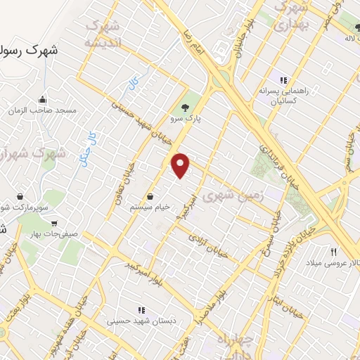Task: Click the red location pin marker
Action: (x=181, y=165)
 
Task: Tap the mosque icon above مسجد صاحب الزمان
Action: (x=43, y=98)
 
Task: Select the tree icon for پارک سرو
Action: (x=185, y=107)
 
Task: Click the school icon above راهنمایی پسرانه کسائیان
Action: (x=284, y=81)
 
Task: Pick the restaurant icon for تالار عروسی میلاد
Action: (x=334, y=252)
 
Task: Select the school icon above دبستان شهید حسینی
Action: (x=141, y=309)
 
